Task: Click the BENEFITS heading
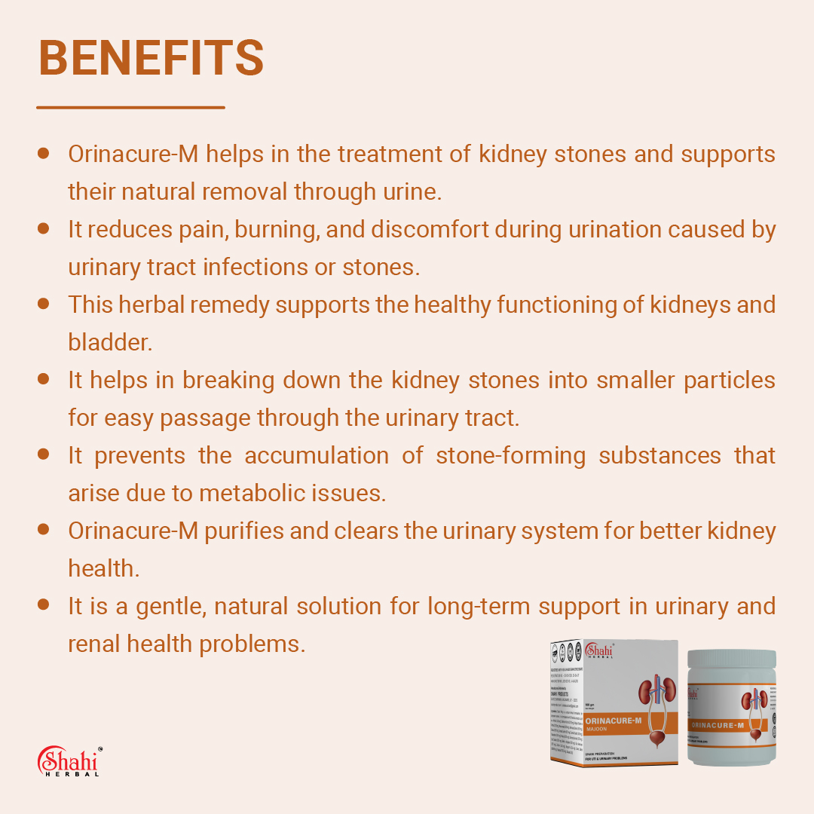coord(151,58)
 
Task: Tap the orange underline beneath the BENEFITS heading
coord(130,107)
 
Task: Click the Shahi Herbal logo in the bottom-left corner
coord(69,761)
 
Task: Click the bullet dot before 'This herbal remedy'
coord(44,304)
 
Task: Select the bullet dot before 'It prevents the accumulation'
coord(44,454)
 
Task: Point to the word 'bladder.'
coord(110,342)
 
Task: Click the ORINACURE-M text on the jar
coord(718,725)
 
